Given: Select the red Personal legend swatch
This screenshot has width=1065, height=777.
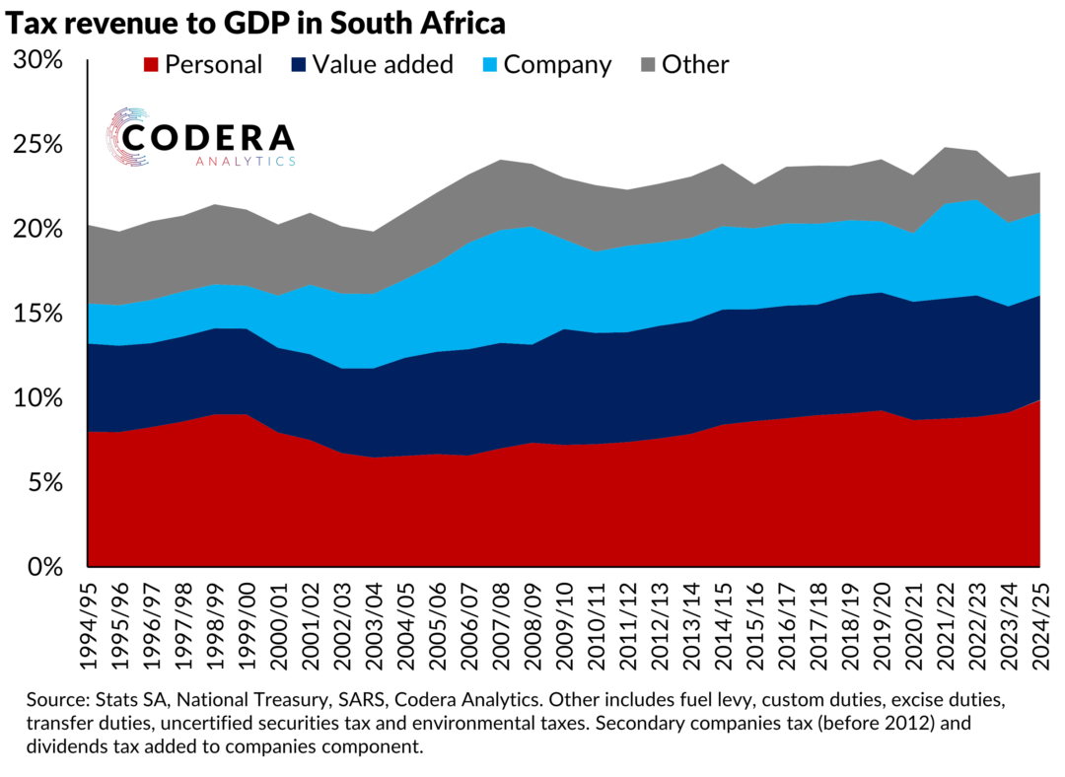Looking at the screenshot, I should pos(151,65).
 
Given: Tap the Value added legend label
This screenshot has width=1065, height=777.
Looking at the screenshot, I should pos(382,65).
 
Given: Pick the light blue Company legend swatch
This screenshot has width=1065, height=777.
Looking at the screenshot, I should pos(488,65).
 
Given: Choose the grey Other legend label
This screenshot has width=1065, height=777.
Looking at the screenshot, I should pos(695,65).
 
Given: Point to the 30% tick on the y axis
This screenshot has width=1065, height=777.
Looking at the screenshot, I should pos(38,60).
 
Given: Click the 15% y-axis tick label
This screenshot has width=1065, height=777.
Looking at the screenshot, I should pos(38,314).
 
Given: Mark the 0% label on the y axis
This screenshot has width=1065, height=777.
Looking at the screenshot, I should pos(45,567).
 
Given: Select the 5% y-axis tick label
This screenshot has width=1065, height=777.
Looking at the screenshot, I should pos(45,483).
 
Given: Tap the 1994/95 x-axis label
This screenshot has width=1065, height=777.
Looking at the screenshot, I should pos(90,621).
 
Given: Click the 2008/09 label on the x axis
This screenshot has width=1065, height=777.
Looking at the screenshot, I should pos(533,621).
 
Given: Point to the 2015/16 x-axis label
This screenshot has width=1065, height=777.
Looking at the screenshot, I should pos(755,621).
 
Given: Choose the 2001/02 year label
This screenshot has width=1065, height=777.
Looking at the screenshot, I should pos(312,621).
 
